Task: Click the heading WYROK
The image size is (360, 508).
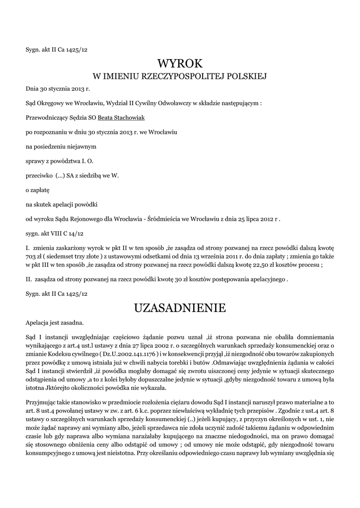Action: point(180,64)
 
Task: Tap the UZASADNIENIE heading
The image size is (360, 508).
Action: point(180,309)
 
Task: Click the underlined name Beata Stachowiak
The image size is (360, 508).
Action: point(121,118)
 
